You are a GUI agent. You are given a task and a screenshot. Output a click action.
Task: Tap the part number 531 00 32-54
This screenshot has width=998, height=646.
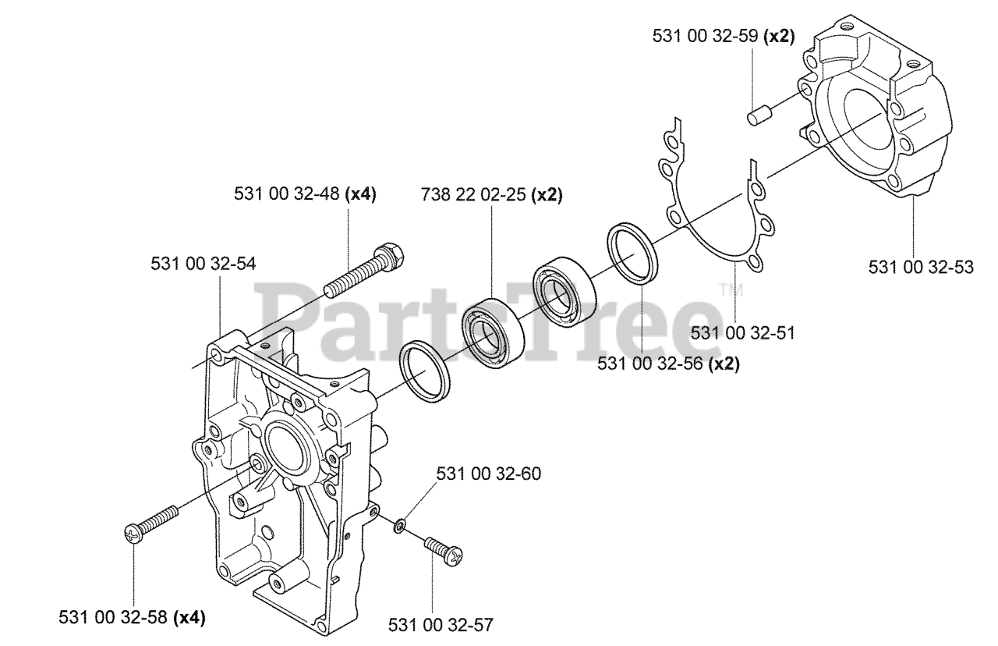pyautogui.click(x=203, y=264)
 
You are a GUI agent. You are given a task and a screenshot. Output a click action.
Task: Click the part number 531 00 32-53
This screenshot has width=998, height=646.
pyautogui.click(x=921, y=268)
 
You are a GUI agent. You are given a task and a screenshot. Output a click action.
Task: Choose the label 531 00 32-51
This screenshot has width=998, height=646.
pyautogui.click(x=742, y=333)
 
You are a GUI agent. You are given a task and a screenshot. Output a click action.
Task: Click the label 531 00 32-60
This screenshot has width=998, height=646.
pyautogui.click(x=489, y=474)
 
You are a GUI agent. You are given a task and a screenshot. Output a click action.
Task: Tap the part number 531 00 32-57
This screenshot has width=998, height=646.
pyautogui.click(x=441, y=624)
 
